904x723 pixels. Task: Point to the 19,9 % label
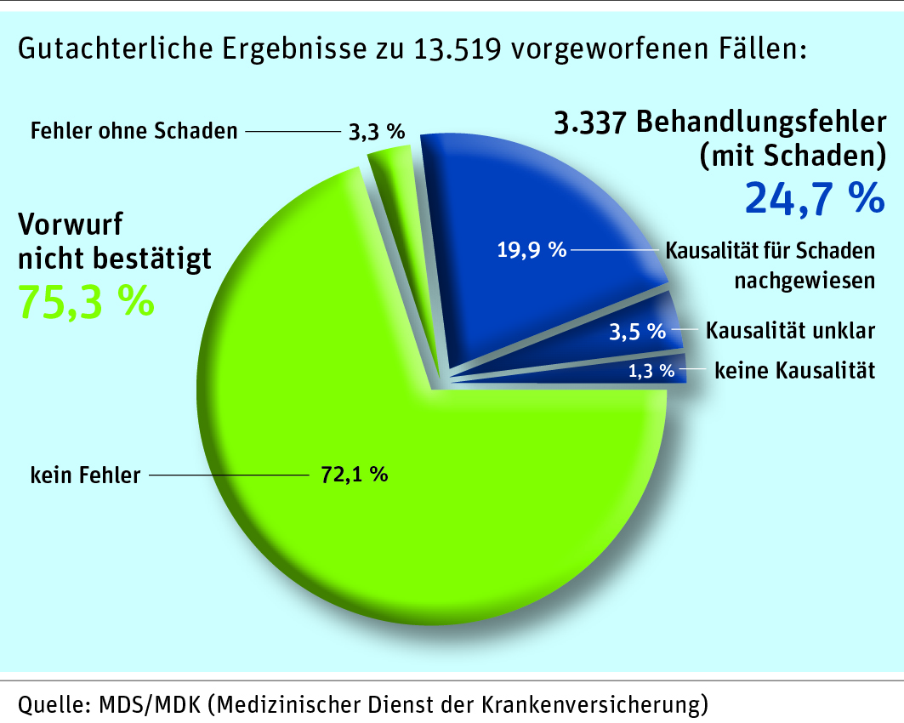tap(531, 250)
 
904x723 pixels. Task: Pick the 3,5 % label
tap(637, 331)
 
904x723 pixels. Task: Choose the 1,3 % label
tap(651, 370)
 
